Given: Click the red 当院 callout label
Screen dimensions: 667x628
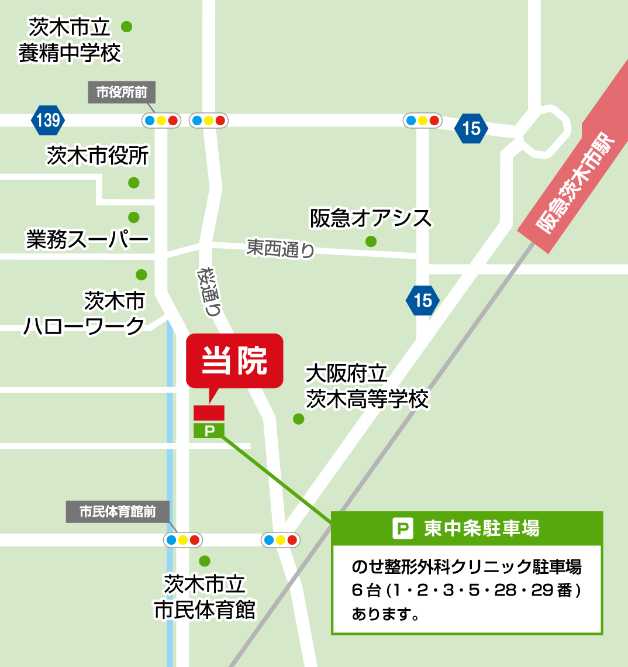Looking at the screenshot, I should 234,360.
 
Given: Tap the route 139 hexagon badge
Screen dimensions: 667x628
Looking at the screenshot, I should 48,121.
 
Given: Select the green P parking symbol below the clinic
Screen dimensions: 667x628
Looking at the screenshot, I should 209,431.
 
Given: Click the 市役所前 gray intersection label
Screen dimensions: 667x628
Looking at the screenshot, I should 122,92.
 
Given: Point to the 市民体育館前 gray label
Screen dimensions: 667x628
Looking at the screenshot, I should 118,512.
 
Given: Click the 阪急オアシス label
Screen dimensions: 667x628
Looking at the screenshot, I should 371,218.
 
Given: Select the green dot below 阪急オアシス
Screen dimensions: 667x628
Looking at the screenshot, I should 371,241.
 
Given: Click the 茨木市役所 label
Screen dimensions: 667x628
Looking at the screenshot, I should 98,156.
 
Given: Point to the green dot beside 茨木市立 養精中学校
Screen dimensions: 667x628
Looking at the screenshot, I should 126,26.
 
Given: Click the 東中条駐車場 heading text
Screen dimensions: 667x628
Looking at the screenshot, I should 481,529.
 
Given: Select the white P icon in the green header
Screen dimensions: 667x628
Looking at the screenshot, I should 402,529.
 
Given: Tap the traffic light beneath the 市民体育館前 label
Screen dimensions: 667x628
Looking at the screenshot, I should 182,539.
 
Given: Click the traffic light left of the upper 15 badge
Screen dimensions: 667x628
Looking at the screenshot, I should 422,121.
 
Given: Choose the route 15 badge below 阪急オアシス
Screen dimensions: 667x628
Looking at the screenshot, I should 422,300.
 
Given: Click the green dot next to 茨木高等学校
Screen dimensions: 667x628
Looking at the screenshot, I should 299,419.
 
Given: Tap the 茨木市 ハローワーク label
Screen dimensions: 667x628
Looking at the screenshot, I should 85,314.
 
